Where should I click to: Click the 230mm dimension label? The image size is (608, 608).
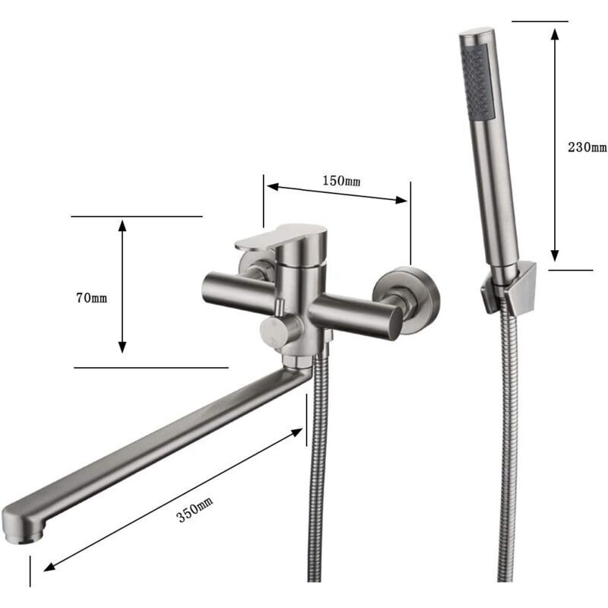click(x=587, y=147)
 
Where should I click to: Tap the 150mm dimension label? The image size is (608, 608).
click(x=341, y=180)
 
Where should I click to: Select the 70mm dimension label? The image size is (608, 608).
click(x=91, y=298)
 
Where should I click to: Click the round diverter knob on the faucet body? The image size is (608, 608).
click(x=274, y=331)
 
